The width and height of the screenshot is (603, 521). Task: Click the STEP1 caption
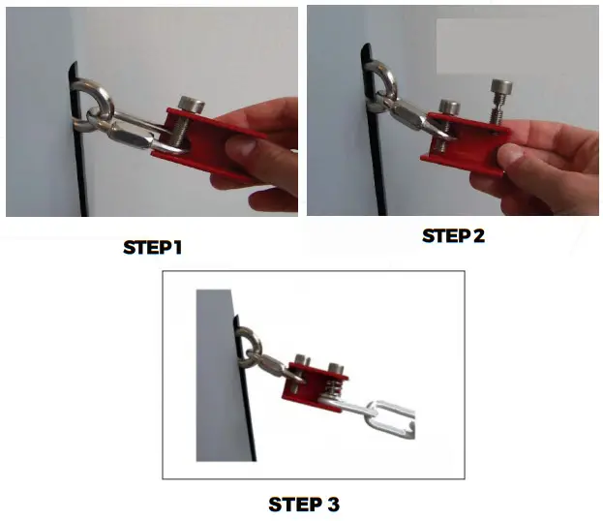point(152,247)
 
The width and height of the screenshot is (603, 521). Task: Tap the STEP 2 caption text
point(453,235)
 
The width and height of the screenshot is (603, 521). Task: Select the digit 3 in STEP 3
point(333,505)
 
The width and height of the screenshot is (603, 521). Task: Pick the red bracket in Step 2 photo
point(465,145)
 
